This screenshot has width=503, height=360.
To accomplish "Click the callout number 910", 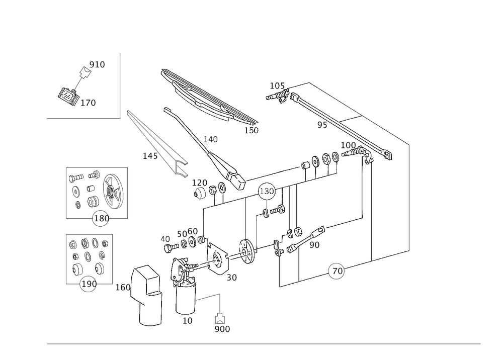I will pyautogui.click(x=97, y=64).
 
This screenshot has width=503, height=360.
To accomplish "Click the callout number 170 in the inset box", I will pyautogui.click(x=89, y=103).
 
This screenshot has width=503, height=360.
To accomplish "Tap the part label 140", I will pyautogui.click(x=149, y=156).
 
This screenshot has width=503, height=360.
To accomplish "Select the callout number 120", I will pyautogui.click(x=199, y=182).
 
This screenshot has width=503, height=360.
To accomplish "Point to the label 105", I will pyautogui.click(x=277, y=86).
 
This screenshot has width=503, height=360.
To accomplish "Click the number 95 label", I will pyautogui.click(x=322, y=124).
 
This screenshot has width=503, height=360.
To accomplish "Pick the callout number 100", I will pyautogui.click(x=348, y=145).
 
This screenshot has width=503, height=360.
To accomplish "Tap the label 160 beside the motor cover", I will pyautogui.click(x=123, y=288).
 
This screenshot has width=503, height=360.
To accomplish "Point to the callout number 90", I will pyautogui.click(x=315, y=244).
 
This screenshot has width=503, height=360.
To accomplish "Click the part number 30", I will pyautogui.click(x=231, y=277).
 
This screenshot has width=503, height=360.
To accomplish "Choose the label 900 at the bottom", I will pyautogui.click(x=222, y=328).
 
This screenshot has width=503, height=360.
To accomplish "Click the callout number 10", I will pyautogui.click(x=188, y=319).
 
